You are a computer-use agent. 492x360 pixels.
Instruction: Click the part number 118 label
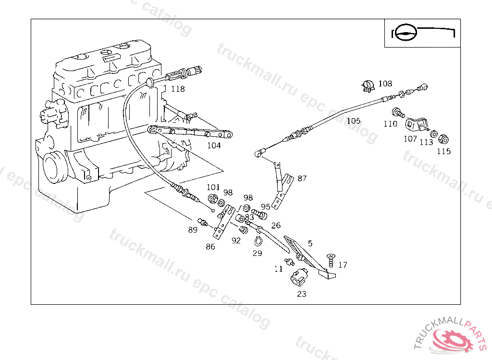pyautogui.click(x=178, y=89)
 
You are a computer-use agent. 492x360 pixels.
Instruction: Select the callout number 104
pyautogui.click(x=214, y=145)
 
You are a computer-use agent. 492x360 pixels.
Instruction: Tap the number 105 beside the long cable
pyautogui.click(x=353, y=121)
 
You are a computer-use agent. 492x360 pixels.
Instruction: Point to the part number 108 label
pyautogui.click(x=385, y=84)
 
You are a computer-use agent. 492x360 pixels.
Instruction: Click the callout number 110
pyautogui.click(x=390, y=124)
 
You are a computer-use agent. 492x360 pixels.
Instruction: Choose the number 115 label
pyautogui.click(x=443, y=152)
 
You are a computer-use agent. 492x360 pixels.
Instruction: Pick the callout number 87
pyautogui.click(x=302, y=179)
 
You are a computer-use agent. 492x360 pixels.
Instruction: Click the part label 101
pyautogui.click(x=213, y=187)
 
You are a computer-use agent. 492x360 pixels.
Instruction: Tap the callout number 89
pyautogui.click(x=193, y=230)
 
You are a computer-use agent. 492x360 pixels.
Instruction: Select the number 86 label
pyautogui.click(x=210, y=247)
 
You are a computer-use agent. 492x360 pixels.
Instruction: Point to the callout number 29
pyautogui.click(x=257, y=253)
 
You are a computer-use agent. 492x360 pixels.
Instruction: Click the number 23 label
pyautogui.click(x=301, y=294)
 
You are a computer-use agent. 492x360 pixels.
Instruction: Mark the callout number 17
pyautogui.click(x=343, y=265)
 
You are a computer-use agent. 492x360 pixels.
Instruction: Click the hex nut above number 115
pyautogui.click(x=444, y=139)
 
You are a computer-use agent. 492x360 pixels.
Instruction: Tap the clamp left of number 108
pyautogui.click(x=368, y=86)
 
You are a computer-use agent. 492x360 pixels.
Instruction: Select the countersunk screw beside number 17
pyautogui.click(x=330, y=261)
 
